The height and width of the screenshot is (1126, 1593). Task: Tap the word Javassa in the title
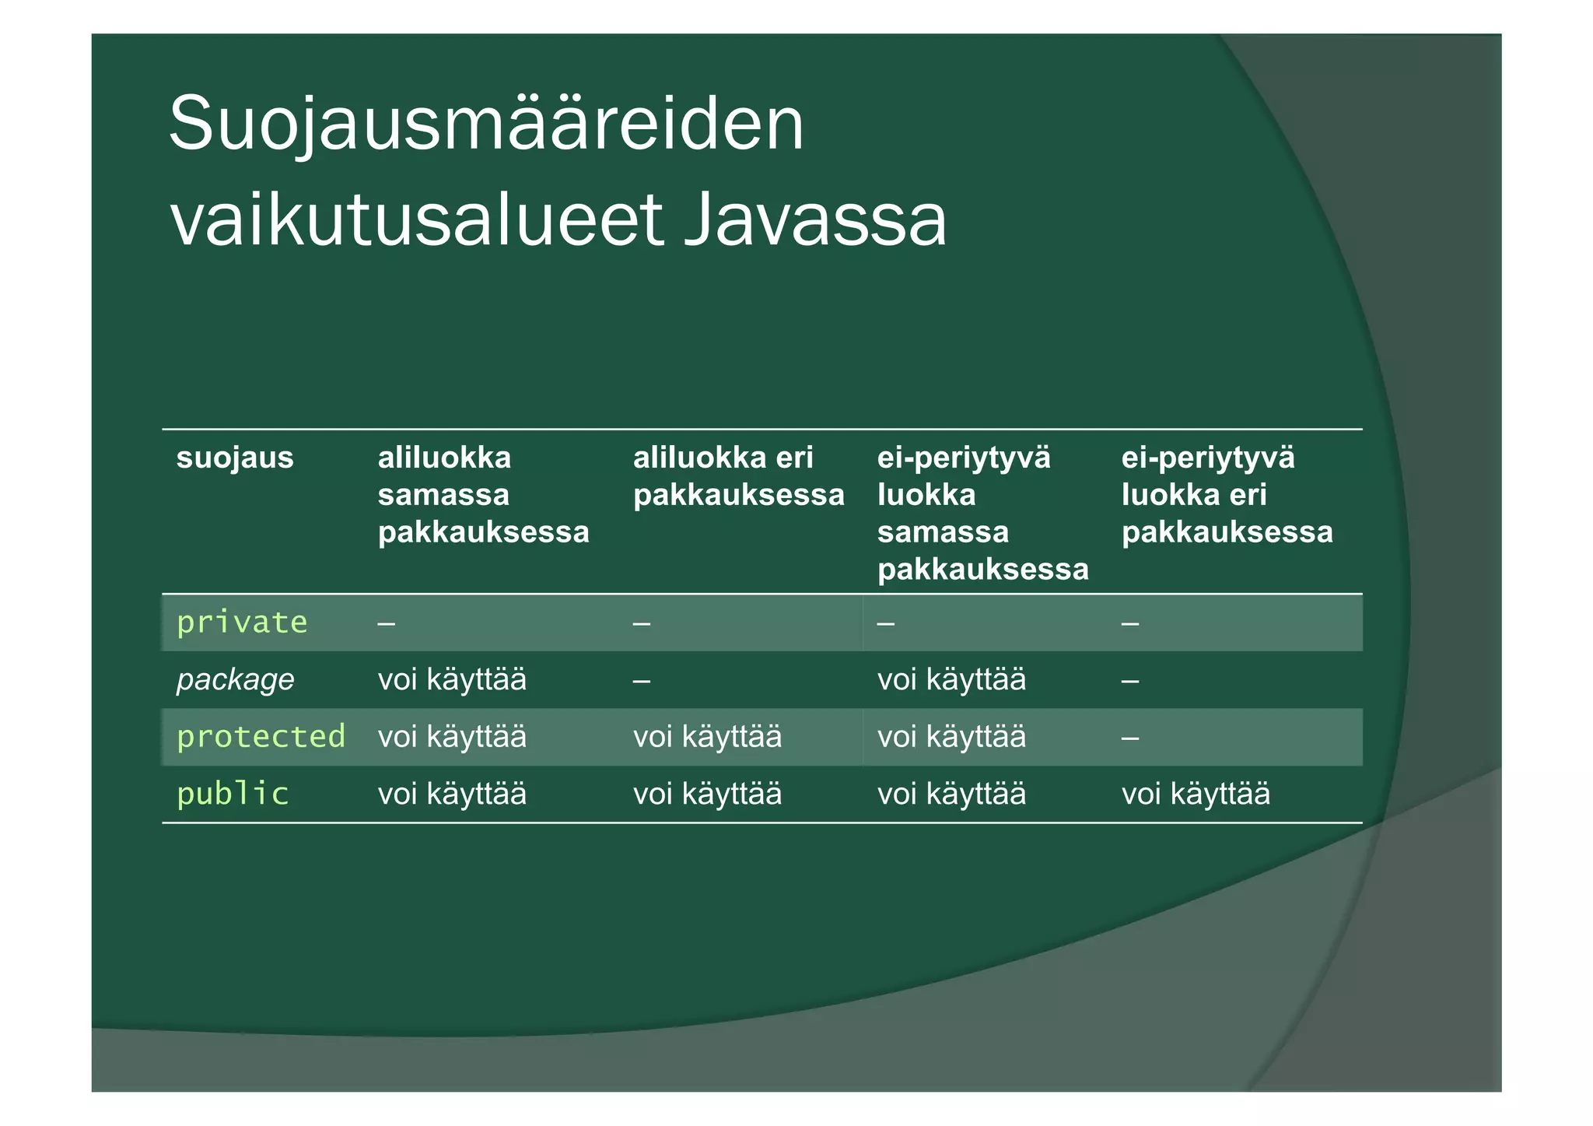[815, 220]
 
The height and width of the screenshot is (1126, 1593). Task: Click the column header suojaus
[235, 458]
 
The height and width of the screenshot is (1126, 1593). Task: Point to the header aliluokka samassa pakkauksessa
[482, 495]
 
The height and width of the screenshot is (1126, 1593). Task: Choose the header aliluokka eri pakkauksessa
[737, 476]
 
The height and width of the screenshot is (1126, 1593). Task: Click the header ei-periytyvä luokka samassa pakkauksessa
[982, 514]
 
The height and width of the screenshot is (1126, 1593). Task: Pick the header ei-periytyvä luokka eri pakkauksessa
[1226, 495]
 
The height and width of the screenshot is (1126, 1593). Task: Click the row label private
[242, 623]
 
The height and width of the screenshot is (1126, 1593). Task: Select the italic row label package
[235, 680]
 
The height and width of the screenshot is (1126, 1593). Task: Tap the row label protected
[261, 737]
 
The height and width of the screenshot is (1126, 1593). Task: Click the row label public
[233, 794]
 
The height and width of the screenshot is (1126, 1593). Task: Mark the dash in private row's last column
[1130, 624]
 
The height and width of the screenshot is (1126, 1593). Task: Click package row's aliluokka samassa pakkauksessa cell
[452, 680]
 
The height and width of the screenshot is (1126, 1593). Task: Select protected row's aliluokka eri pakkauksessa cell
[707, 737]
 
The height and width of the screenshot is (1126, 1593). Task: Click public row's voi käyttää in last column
[1196, 795]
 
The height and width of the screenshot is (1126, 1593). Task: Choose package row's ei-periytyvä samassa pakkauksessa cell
[951, 680]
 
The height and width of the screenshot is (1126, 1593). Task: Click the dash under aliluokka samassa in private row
[386, 624]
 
